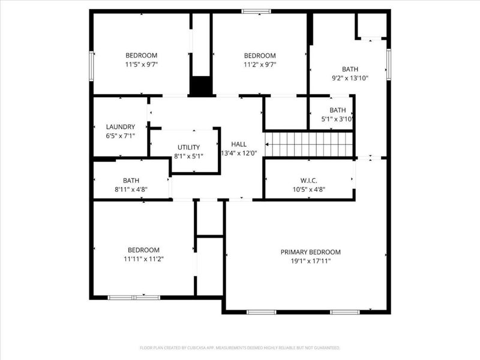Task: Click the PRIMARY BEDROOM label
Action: pos(310,252)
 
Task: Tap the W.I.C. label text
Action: pos(308,181)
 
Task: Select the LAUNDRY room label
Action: pos(121,127)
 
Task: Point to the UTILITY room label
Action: pos(188,147)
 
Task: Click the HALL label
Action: pos(239,144)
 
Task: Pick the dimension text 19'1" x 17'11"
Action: pos(311,261)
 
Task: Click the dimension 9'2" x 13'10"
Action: pos(350,78)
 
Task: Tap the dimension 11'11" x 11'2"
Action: pos(143,259)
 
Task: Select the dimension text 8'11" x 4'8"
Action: pos(131,190)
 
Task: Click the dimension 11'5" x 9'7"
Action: pos(142,65)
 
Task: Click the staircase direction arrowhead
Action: pos(267,144)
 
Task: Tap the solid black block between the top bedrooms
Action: pos(201,86)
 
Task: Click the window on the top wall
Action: pos(256,11)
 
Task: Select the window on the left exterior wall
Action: pos(91,66)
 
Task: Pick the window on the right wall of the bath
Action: pos(388,64)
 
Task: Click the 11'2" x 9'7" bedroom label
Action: pos(260,56)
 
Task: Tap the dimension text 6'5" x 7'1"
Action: pos(121,136)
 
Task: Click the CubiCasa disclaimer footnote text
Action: pos(239,348)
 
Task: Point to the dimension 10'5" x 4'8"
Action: pos(309,190)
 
